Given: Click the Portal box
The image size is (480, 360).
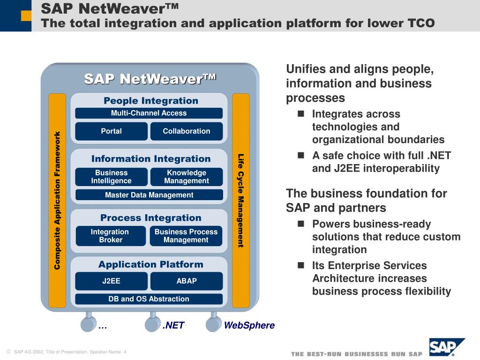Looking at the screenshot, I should coord(111,131).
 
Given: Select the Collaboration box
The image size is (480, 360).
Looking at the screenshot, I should coord(187,131).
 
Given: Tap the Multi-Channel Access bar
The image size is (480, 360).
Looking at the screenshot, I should coord(149,113).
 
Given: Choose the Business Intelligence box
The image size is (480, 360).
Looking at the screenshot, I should coord(111,177).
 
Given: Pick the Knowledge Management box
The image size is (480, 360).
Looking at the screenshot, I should coord(187,177).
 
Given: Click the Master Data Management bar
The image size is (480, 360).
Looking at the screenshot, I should coord(149,195).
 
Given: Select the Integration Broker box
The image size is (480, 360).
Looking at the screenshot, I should coord(110,236).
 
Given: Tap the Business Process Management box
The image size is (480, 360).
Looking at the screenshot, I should coord(186,236).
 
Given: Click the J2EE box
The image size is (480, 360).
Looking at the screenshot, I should coord(111,281).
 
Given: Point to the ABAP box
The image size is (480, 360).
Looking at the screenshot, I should coord(187,281).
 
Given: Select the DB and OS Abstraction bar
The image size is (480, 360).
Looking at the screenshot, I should coord(149,299).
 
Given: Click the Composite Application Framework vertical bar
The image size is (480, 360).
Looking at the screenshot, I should coord(57,201).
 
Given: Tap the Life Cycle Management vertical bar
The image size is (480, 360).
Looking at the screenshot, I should coord(240,201).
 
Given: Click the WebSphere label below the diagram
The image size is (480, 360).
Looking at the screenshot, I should coord(249,325).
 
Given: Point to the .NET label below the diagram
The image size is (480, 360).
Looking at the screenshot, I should coord(173,325).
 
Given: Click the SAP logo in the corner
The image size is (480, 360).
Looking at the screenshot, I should coord(446,348).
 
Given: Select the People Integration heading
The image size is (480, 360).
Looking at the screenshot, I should coord(151,101).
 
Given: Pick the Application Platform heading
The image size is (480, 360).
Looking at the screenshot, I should coord(151,264).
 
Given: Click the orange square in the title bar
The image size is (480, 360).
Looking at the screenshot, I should coord(26,16).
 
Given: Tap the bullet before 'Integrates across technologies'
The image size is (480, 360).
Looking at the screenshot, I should coord(301,114).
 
